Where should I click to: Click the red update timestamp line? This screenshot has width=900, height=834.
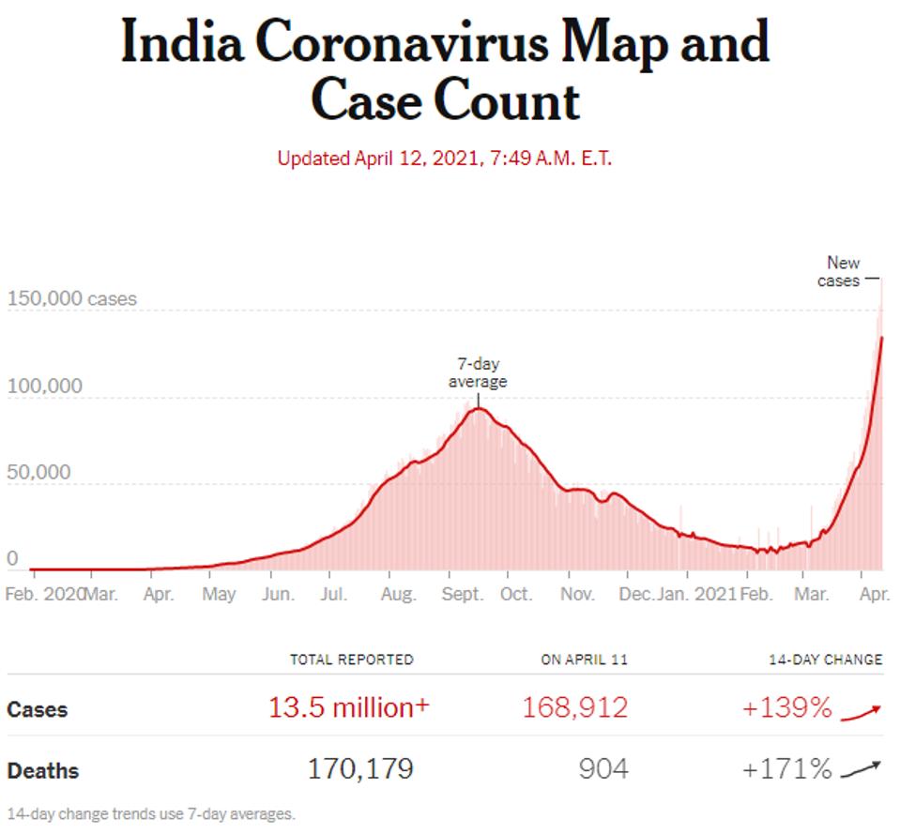pos(444,158)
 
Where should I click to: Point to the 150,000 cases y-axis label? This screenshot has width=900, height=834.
pos(71,299)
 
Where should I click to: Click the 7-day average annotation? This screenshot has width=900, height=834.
pos(477,372)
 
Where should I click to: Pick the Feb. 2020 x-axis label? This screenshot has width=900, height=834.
pos(44,595)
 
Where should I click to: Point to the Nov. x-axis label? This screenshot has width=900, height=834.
pos(577,595)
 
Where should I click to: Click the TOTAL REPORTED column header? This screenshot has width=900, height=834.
pos(351,660)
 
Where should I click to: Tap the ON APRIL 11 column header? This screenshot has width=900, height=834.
pos(584,660)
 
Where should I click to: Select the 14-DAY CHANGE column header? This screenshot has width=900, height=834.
pos(824,660)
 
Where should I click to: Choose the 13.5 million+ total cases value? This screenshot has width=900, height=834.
pos(349,708)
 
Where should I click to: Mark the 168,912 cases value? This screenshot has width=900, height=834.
pos(575,708)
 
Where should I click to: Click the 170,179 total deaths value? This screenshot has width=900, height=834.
pos(360,770)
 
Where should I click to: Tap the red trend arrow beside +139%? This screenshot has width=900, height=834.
pos(862,712)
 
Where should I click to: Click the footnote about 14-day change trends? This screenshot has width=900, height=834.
pos(150,813)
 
